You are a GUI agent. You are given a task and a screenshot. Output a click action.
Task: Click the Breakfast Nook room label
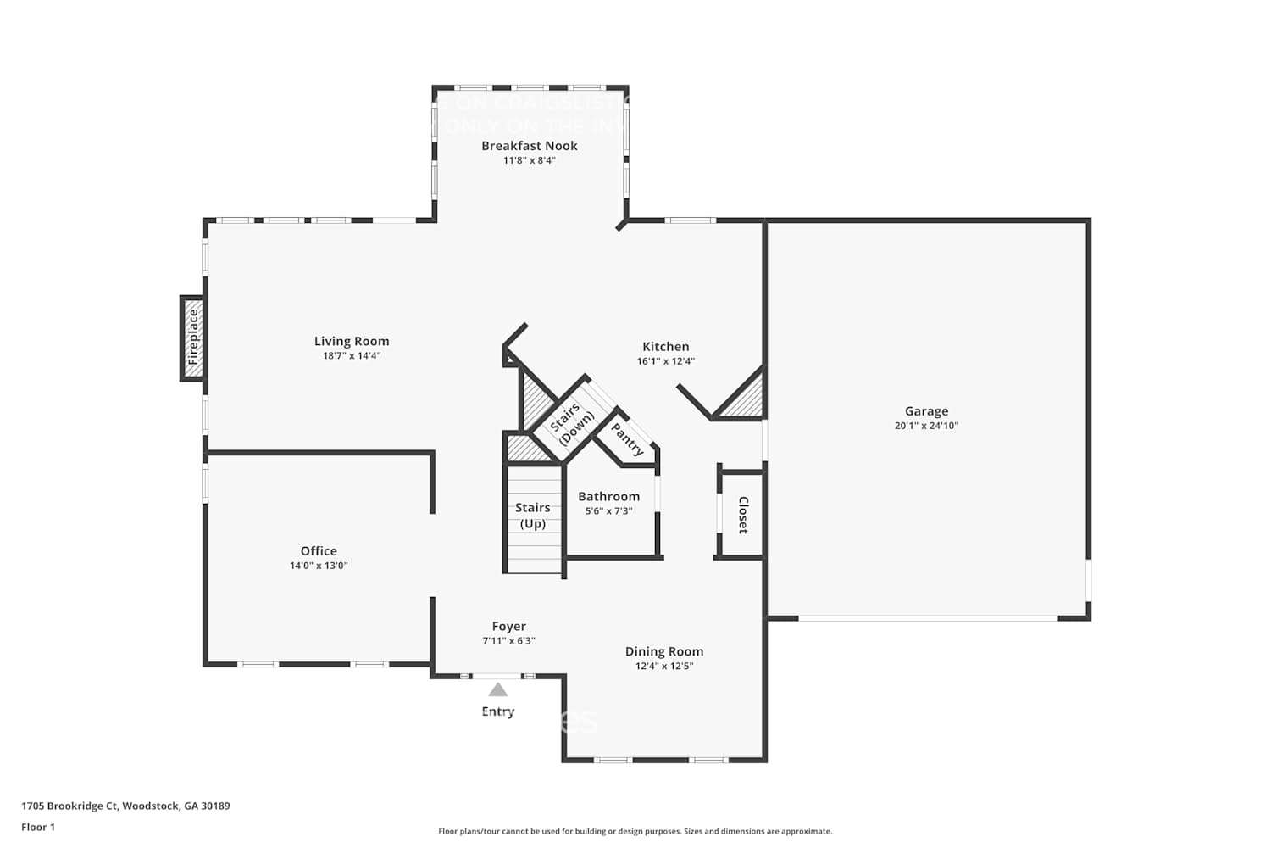pyautogui.click(x=529, y=146)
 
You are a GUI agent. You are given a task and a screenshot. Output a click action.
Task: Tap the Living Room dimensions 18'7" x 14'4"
pyautogui.click(x=352, y=356)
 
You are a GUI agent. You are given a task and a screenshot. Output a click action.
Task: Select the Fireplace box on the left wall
pyautogui.click(x=192, y=338)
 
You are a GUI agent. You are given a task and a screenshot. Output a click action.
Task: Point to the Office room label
pyautogui.click(x=319, y=551)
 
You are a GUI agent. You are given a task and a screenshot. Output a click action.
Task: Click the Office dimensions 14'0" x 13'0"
pyautogui.click(x=319, y=566)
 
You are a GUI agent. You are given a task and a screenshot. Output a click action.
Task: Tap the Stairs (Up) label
pyautogui.click(x=533, y=516)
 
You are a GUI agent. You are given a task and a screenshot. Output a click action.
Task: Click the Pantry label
pyautogui.click(x=628, y=439)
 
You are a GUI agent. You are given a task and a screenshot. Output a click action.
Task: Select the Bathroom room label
pyautogui.click(x=608, y=497)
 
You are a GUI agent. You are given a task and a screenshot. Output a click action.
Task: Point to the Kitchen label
pyautogui.click(x=665, y=347)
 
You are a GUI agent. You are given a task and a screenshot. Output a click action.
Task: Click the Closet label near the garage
pyautogui.click(x=743, y=515)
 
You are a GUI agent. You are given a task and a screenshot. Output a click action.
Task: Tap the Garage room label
pyautogui.click(x=926, y=411)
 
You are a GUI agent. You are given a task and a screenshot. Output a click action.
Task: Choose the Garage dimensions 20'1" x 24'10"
pyautogui.click(x=926, y=426)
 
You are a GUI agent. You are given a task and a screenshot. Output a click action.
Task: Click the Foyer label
pyautogui.click(x=508, y=627)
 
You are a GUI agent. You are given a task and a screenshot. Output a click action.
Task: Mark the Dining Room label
pyautogui.click(x=664, y=652)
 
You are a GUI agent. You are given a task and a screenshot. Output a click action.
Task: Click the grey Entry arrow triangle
pyautogui.click(x=498, y=690)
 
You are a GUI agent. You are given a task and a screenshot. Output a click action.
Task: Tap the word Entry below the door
pyautogui.click(x=498, y=711)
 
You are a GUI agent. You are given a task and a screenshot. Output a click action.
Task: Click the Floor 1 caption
pyautogui.click(x=38, y=828)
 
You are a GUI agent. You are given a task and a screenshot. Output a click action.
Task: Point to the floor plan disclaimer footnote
pyautogui.click(x=635, y=832)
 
